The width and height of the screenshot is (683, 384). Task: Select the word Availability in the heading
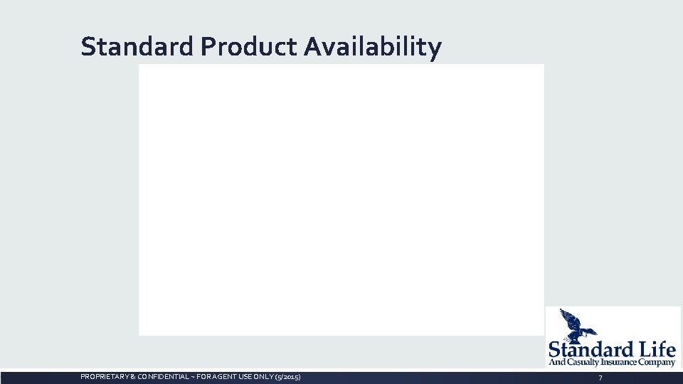coord(373,47)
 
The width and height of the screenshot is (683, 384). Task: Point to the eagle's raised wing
coord(569,316)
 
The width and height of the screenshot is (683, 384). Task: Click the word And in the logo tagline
coord(555,363)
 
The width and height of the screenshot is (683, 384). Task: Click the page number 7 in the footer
coord(600,377)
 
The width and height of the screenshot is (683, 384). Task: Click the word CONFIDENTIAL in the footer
coord(159,376)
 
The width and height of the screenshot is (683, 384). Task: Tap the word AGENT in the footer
coord(219,376)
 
